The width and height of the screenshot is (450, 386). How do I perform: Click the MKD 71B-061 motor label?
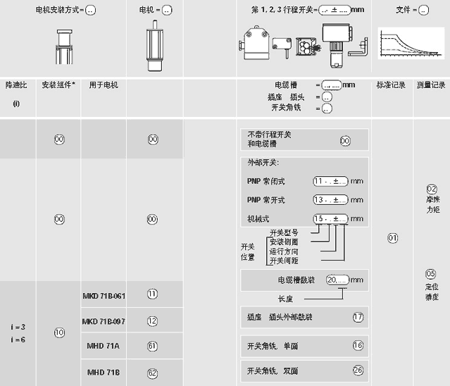tap(104, 295)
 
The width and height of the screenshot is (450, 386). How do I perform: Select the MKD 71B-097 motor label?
tap(104, 321)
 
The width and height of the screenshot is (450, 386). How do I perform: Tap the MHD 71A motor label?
tap(104, 347)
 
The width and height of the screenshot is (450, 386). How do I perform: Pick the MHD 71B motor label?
tap(104, 371)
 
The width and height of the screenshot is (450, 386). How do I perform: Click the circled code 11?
tap(152, 294)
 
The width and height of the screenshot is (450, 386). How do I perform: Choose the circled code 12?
tap(152, 320)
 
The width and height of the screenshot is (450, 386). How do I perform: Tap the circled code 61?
tap(152, 346)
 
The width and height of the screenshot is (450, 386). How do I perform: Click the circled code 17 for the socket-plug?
tap(358, 317)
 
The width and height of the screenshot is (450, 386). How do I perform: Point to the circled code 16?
tap(358, 345)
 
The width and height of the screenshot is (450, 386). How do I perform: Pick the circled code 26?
tap(358, 371)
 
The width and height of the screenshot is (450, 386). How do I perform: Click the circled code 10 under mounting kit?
tap(60, 332)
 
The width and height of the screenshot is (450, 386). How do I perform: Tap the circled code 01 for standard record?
tap(393, 238)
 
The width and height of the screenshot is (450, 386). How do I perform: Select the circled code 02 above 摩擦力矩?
tap(432, 189)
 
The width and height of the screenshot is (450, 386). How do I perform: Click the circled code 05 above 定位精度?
tap(431, 273)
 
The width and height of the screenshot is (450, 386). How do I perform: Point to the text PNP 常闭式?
tap(266, 181)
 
